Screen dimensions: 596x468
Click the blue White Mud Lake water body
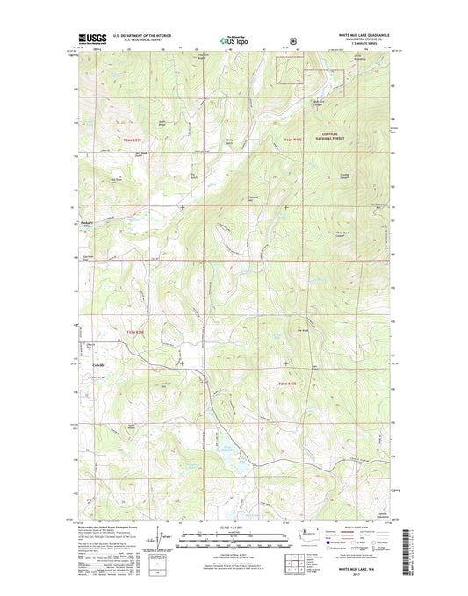pos(226,456)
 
